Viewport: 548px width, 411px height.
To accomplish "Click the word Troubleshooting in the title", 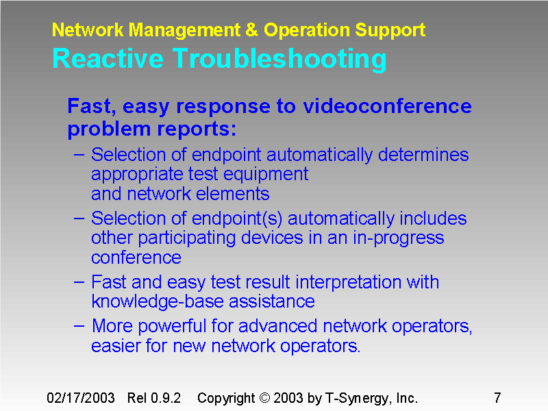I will [279, 60].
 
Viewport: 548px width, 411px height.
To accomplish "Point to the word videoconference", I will [387, 106].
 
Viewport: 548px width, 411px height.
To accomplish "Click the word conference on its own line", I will [136, 258].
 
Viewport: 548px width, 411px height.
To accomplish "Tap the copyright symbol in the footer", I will [263, 398].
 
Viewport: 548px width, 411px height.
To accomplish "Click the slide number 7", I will [497, 398].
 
